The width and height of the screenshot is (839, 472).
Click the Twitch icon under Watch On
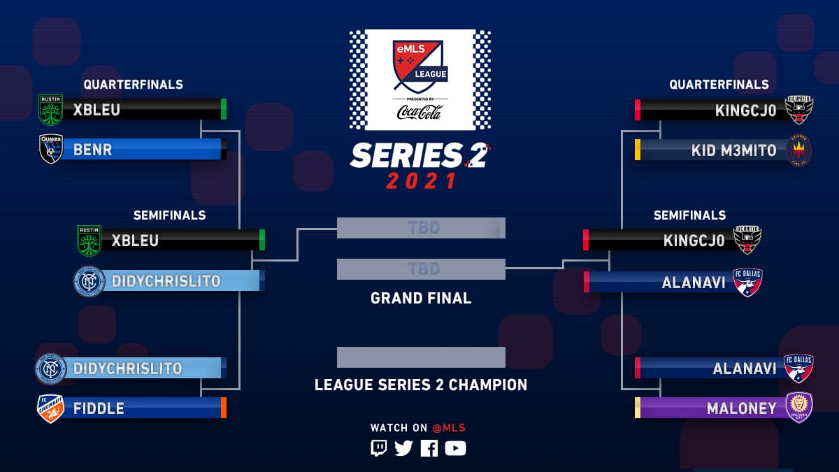pos(378,448)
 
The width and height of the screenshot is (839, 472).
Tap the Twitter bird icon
pos(403,448)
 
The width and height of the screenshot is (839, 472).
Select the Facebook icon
pos(429,448)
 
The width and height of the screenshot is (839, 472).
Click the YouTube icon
pos(455,448)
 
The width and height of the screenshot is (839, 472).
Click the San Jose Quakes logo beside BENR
pos(51,149)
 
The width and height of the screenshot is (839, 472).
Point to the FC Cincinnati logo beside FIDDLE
pos(50,409)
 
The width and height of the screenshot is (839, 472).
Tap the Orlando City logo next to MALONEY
pos(798,408)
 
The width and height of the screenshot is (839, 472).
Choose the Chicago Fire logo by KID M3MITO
pos(799,150)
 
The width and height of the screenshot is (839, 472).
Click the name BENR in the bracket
pos(93,150)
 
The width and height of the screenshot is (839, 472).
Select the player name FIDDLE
pos(100,408)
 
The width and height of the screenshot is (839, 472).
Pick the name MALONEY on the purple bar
pos(742,408)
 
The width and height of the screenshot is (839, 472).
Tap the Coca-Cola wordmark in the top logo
pos(419,111)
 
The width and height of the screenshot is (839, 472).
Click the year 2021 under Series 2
pos(421,181)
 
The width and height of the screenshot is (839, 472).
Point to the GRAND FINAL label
pos(421,299)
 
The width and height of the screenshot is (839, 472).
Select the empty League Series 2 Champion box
pos(421,357)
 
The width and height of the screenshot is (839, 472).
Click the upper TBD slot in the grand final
pos(421,228)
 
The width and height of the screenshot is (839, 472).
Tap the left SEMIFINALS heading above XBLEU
pos(170,215)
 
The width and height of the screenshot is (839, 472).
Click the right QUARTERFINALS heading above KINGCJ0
pos(719,85)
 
